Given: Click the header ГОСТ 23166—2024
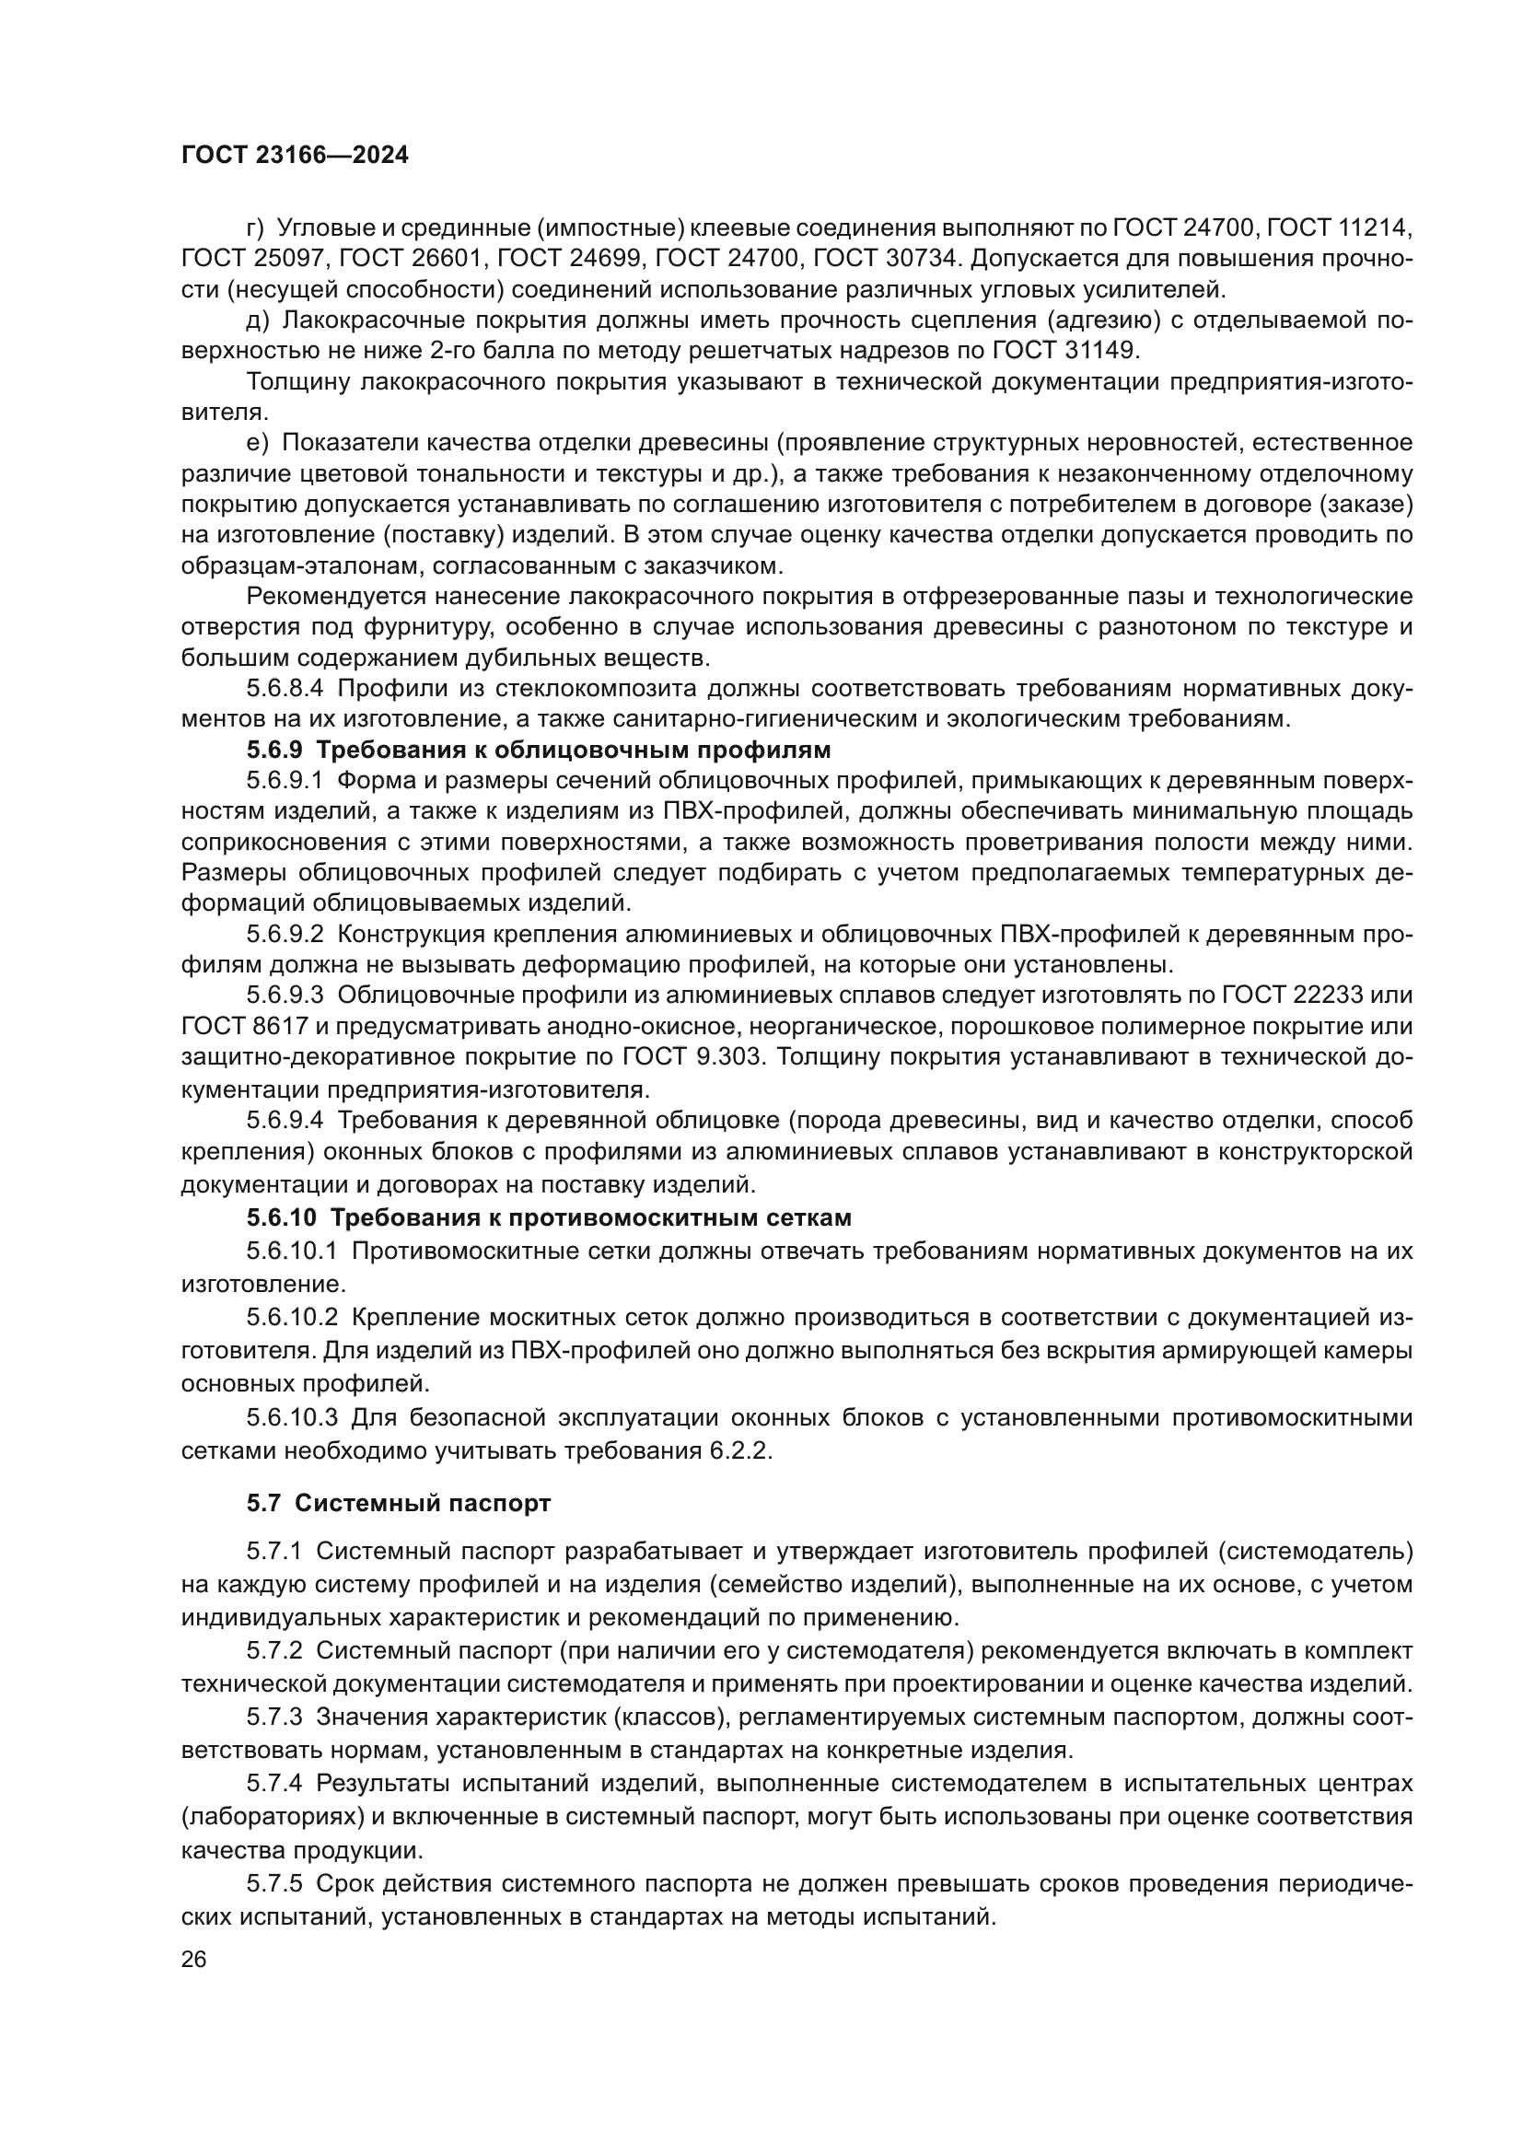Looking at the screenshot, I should (x=295, y=156).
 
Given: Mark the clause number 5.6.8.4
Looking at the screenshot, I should (x=285, y=688).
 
